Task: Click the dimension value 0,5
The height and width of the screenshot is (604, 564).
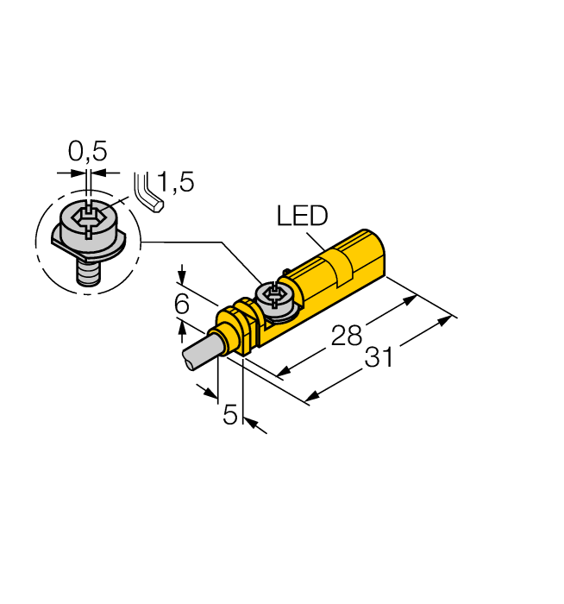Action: coord(87,152)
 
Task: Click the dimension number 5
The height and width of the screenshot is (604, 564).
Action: coord(230,415)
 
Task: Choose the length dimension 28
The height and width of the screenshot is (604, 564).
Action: coord(347,335)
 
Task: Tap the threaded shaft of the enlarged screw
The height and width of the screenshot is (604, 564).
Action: coord(87,274)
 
